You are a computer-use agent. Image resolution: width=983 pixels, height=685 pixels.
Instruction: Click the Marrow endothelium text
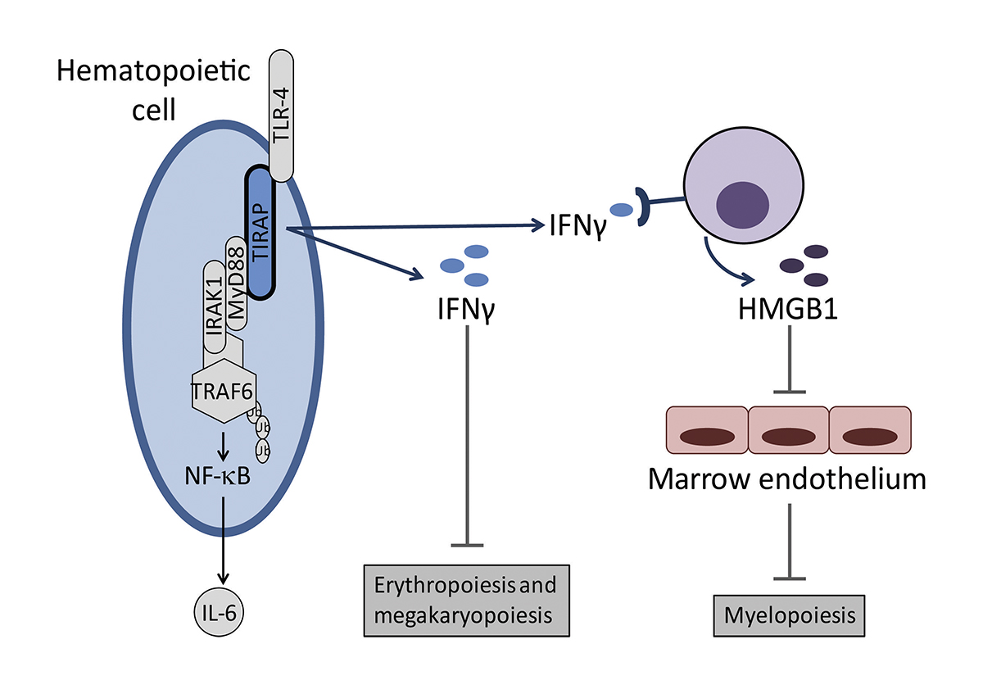click(x=787, y=478)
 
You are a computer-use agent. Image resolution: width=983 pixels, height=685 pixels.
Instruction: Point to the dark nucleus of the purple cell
click(x=743, y=204)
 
